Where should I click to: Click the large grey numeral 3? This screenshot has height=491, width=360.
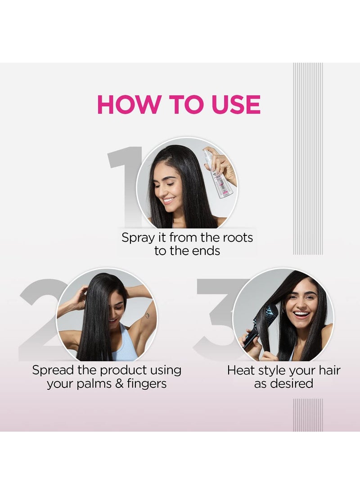click(216, 315)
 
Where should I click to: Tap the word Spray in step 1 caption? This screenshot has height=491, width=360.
click(138, 238)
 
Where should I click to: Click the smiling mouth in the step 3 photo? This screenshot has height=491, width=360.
click(301, 314)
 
